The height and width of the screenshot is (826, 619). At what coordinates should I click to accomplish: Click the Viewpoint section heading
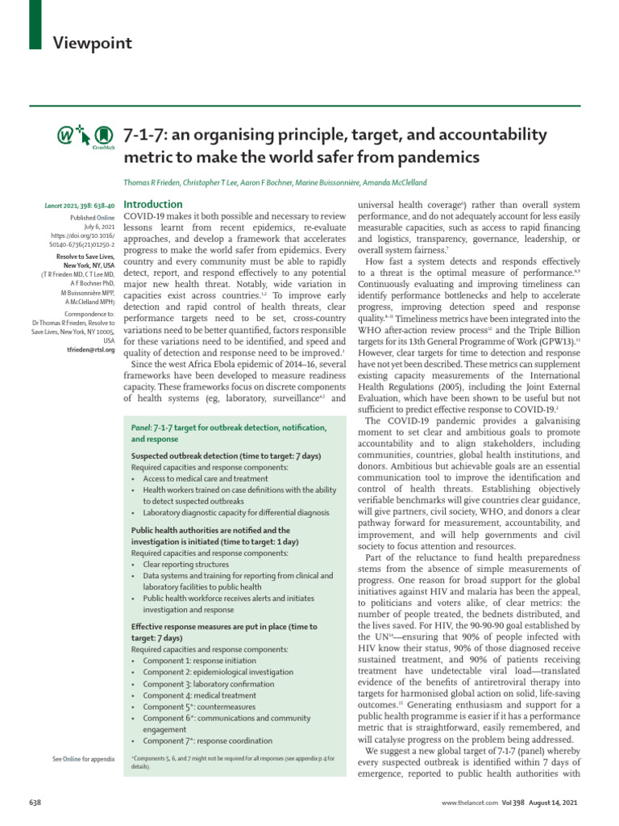point(93,44)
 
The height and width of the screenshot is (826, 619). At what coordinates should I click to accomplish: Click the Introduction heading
point(153,205)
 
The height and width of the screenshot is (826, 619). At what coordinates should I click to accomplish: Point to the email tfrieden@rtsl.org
point(89,350)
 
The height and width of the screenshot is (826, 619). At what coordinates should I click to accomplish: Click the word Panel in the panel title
point(141,425)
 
